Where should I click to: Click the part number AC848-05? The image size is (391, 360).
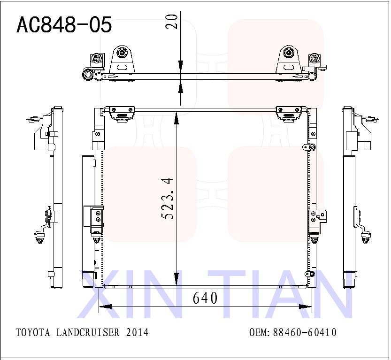point(64,25)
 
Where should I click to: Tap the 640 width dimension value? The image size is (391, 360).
point(205,298)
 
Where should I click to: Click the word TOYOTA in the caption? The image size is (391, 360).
point(33,333)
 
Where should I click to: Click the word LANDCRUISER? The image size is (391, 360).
point(88,333)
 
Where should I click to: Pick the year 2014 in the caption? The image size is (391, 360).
point(137,333)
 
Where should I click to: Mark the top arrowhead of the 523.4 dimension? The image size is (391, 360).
point(176,117)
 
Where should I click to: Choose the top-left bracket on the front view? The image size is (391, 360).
point(121,113)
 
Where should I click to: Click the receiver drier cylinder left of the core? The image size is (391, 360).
point(87,221)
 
